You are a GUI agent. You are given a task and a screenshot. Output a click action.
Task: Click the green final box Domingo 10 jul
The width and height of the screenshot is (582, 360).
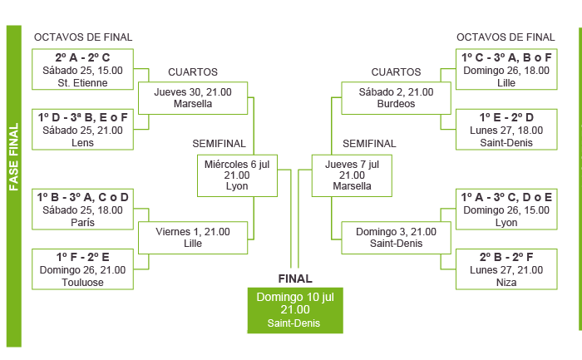[x=295, y=309]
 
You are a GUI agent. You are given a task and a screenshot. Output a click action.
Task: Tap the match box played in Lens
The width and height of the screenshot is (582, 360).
[x=82, y=130]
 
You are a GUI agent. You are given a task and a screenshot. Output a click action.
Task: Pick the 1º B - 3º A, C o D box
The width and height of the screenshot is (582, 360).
[x=82, y=210]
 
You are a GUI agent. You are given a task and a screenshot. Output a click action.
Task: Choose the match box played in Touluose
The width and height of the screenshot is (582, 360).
[x=82, y=269]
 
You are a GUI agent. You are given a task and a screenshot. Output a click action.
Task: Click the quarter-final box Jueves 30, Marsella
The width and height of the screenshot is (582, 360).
[x=193, y=98]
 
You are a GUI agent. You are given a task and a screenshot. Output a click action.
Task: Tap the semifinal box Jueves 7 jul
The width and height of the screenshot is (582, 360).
[x=351, y=175]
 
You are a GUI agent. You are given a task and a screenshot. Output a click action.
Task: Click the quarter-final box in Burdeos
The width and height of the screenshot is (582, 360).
[x=396, y=98]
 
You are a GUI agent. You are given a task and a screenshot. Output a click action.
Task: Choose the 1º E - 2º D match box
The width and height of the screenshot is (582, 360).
[x=506, y=130]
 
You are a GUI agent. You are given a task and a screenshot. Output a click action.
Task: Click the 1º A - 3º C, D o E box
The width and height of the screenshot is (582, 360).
[x=506, y=210]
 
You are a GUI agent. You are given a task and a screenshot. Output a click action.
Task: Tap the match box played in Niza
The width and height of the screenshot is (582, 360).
[x=506, y=269]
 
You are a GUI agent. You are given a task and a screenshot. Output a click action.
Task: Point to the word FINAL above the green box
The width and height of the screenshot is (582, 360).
[x=294, y=279]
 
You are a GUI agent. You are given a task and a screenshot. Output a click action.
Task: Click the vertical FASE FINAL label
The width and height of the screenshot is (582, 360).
[x=14, y=158]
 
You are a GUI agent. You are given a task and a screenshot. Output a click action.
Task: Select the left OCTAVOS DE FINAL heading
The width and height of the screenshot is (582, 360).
[x=82, y=37]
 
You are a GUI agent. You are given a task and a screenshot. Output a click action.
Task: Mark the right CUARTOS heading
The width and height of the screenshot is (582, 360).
[x=396, y=72]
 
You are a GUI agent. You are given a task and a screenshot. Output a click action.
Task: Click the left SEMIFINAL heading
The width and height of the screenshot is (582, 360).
[x=219, y=143]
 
